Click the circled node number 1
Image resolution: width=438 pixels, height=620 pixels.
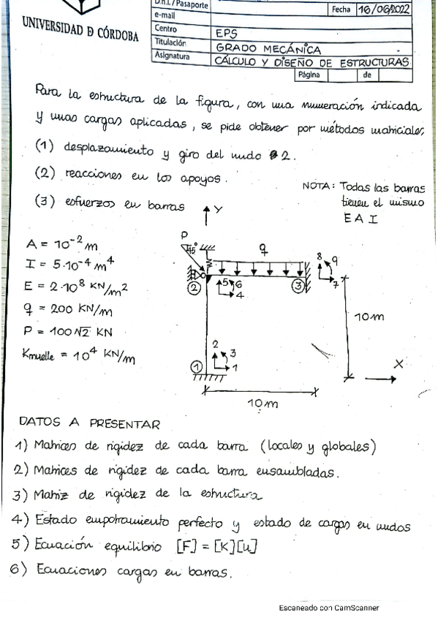click(x=195, y=366)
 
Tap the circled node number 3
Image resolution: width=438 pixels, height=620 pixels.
click(x=298, y=286)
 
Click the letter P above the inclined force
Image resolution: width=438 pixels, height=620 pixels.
click(x=185, y=235)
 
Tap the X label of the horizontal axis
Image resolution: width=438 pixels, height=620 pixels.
click(x=399, y=363)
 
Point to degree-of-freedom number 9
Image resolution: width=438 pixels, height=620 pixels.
click(x=335, y=260)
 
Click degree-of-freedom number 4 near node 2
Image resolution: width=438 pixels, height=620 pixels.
click(x=240, y=295)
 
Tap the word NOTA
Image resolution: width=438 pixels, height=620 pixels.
click(x=318, y=186)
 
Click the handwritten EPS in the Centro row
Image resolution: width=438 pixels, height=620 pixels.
click(x=227, y=33)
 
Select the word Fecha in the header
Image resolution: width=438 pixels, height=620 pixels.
click(x=341, y=10)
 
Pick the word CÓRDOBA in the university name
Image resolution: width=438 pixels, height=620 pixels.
click(x=114, y=36)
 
